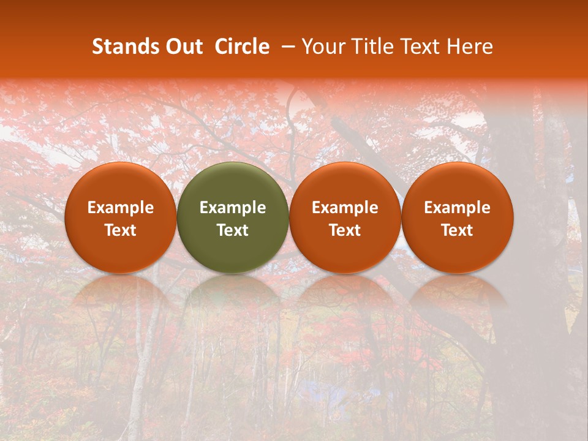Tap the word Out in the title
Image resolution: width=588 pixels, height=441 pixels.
pos(183,47)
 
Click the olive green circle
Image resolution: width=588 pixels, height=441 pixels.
pos(233,217)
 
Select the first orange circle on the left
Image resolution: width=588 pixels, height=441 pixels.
pos(121,217)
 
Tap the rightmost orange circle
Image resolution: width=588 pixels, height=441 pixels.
pos(458,217)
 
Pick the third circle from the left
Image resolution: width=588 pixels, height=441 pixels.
pos(345,217)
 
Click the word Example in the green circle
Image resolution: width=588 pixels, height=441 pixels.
pos(233,208)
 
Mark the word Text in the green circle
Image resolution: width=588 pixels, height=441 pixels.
pos(233,230)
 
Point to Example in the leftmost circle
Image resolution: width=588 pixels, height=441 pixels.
pos(121,208)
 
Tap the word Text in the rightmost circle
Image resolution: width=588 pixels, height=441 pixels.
pos(458,230)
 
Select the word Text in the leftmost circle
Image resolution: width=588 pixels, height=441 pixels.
pos(121,230)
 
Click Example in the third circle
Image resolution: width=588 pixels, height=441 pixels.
pos(345,208)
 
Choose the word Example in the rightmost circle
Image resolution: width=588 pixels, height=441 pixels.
pos(458,208)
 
